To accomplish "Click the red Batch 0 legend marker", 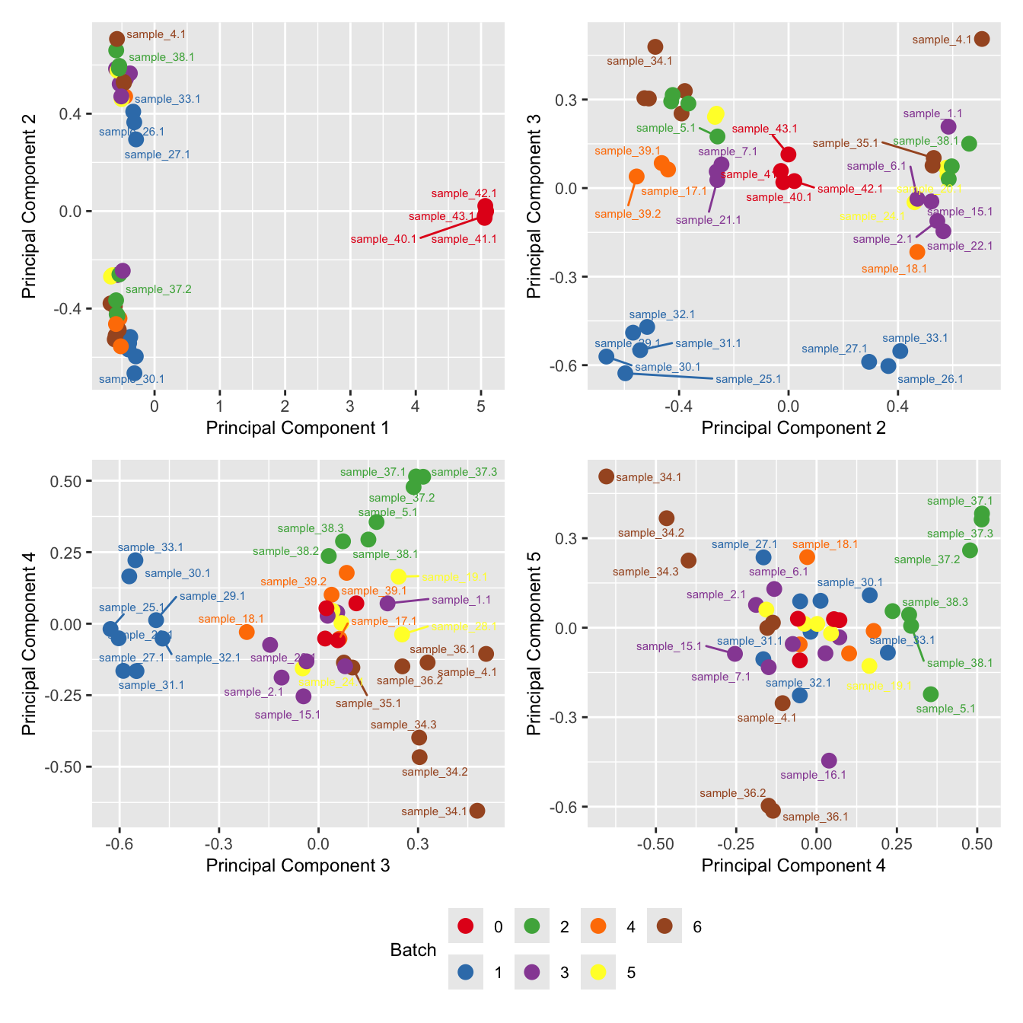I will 466,926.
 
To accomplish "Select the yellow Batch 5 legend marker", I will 598,972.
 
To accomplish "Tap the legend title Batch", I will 413,950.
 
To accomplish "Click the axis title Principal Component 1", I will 298,428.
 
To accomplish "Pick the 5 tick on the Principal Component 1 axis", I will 481,406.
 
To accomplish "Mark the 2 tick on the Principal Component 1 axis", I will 285,406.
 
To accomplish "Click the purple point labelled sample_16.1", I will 829,760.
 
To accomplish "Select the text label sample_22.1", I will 960,246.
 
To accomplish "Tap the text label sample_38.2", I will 285,551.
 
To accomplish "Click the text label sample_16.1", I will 813,775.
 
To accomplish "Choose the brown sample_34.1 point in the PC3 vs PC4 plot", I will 477,811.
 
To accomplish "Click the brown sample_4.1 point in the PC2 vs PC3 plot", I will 982,39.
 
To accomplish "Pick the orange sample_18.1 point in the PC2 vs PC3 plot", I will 917,252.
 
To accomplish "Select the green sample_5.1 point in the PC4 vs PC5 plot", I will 930,694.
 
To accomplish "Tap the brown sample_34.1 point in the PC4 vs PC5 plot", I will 606,476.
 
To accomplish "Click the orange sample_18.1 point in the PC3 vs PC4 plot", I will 247,632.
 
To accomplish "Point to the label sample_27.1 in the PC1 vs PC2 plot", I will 157,155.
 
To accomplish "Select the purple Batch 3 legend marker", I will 532,972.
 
